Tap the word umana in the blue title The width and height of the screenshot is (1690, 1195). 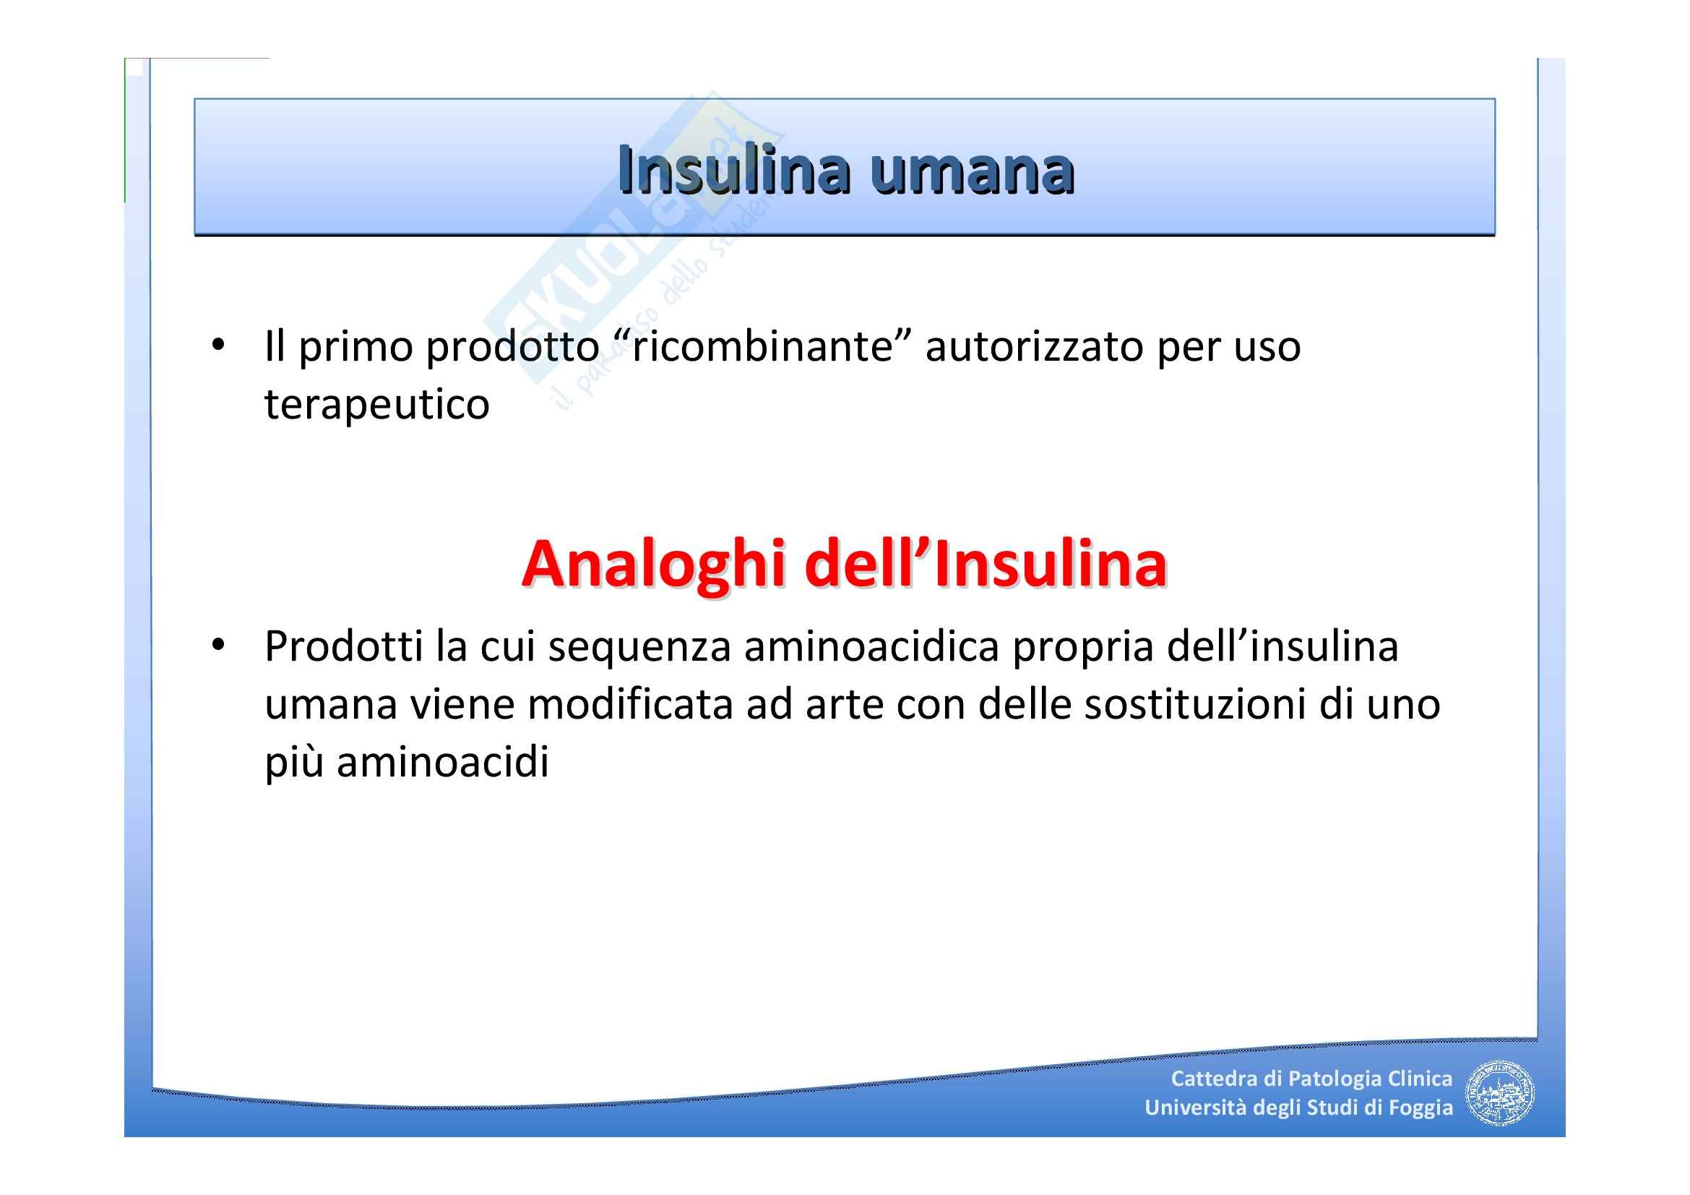972,175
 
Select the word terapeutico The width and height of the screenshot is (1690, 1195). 377,405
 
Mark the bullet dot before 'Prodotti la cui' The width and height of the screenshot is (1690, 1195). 217,646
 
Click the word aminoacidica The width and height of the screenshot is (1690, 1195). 871,646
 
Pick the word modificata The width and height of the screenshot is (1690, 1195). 630,705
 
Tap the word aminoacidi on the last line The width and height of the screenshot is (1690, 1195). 443,763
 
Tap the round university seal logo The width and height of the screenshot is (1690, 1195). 1501,1093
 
